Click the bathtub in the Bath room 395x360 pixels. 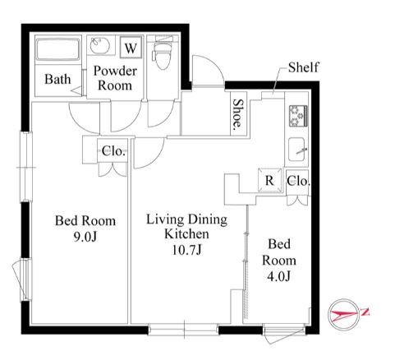[x=58, y=49]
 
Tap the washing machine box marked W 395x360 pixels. [x=131, y=47]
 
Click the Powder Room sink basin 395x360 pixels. [x=100, y=45]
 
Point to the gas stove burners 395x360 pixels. [x=298, y=116]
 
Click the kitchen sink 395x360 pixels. [x=297, y=150]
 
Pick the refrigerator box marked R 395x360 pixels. [x=270, y=180]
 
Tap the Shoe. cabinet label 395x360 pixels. [x=238, y=113]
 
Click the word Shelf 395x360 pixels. [x=304, y=67]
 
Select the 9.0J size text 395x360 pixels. [x=85, y=238]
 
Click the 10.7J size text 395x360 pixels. [x=186, y=250]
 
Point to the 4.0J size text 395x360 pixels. [x=278, y=276]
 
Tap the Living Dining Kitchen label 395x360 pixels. [x=186, y=227]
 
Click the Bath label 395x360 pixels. [x=57, y=79]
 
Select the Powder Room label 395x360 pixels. [x=115, y=78]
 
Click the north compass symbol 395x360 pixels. [x=344, y=314]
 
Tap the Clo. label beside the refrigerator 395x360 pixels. [x=298, y=181]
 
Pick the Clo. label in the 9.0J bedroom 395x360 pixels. [x=113, y=151]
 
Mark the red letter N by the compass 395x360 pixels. [x=365, y=312]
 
